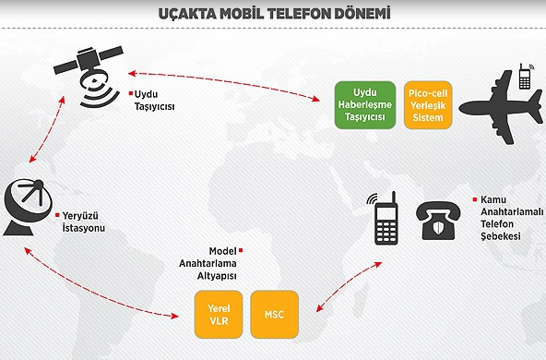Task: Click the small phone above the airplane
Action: pos(524,76)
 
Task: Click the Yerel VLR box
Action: pos(219,314)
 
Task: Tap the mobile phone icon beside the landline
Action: pos(385,220)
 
